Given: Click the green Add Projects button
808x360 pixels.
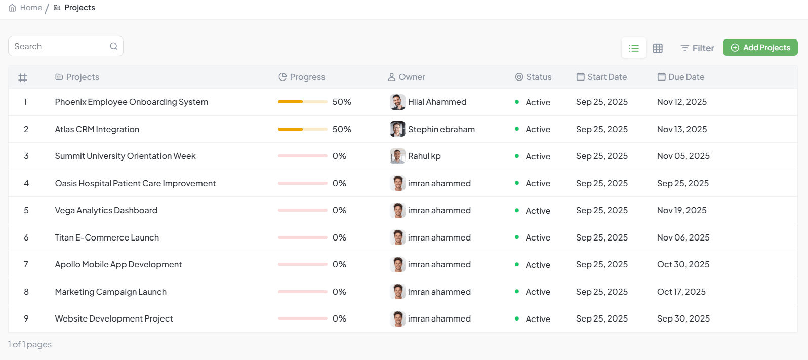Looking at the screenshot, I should click(x=760, y=48).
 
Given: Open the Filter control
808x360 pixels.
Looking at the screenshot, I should click(x=697, y=48).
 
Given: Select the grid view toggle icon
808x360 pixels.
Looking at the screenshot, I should click(x=658, y=48).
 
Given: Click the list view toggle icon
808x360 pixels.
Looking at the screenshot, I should click(x=634, y=48).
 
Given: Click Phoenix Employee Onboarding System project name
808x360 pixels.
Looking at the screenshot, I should click(x=131, y=102).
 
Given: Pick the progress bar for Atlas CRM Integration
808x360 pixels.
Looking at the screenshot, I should click(x=302, y=129).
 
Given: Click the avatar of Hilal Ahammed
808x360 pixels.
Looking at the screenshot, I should click(x=397, y=102).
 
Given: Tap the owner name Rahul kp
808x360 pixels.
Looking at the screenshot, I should click(x=424, y=156).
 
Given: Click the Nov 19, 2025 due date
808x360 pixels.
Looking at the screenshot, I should click(x=681, y=210).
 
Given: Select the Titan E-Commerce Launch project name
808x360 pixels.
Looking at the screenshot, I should click(x=107, y=237).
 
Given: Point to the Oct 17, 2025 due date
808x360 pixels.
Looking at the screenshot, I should click(x=681, y=292).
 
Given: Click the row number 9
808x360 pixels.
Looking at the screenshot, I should click(x=26, y=318).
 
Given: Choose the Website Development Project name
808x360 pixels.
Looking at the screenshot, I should click(x=114, y=318).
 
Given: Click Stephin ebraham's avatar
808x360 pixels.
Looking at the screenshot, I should click(x=397, y=129).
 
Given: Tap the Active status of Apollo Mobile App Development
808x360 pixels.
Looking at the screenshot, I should click(x=537, y=265).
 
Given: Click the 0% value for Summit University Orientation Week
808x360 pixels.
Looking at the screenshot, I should click(x=339, y=156).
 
